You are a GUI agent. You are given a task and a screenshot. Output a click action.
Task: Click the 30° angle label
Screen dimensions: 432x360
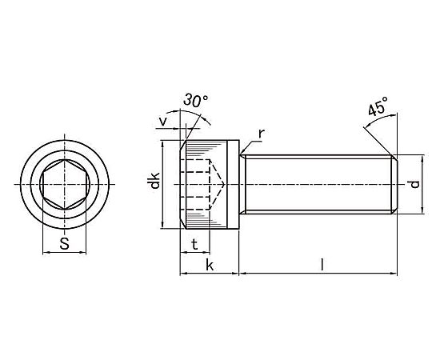click(196, 100)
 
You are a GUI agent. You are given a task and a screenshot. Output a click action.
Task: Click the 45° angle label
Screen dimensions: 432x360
click(378, 106)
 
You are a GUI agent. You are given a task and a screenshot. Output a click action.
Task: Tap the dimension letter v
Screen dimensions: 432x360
click(163, 121)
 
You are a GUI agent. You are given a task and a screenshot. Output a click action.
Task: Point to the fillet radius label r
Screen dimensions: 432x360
click(261, 134)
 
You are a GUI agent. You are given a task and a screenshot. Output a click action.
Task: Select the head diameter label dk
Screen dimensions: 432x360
click(155, 181)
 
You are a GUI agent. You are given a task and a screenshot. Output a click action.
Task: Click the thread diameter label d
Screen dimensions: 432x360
click(414, 184)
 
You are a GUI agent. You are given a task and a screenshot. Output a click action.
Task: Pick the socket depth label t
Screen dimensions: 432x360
click(194, 244)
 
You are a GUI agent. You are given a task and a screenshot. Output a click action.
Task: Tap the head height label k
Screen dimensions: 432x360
click(210, 266)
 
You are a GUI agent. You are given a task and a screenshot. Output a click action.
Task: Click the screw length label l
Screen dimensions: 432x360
click(322, 265)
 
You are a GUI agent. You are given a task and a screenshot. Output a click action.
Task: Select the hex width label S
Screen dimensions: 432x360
click(65, 243)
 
